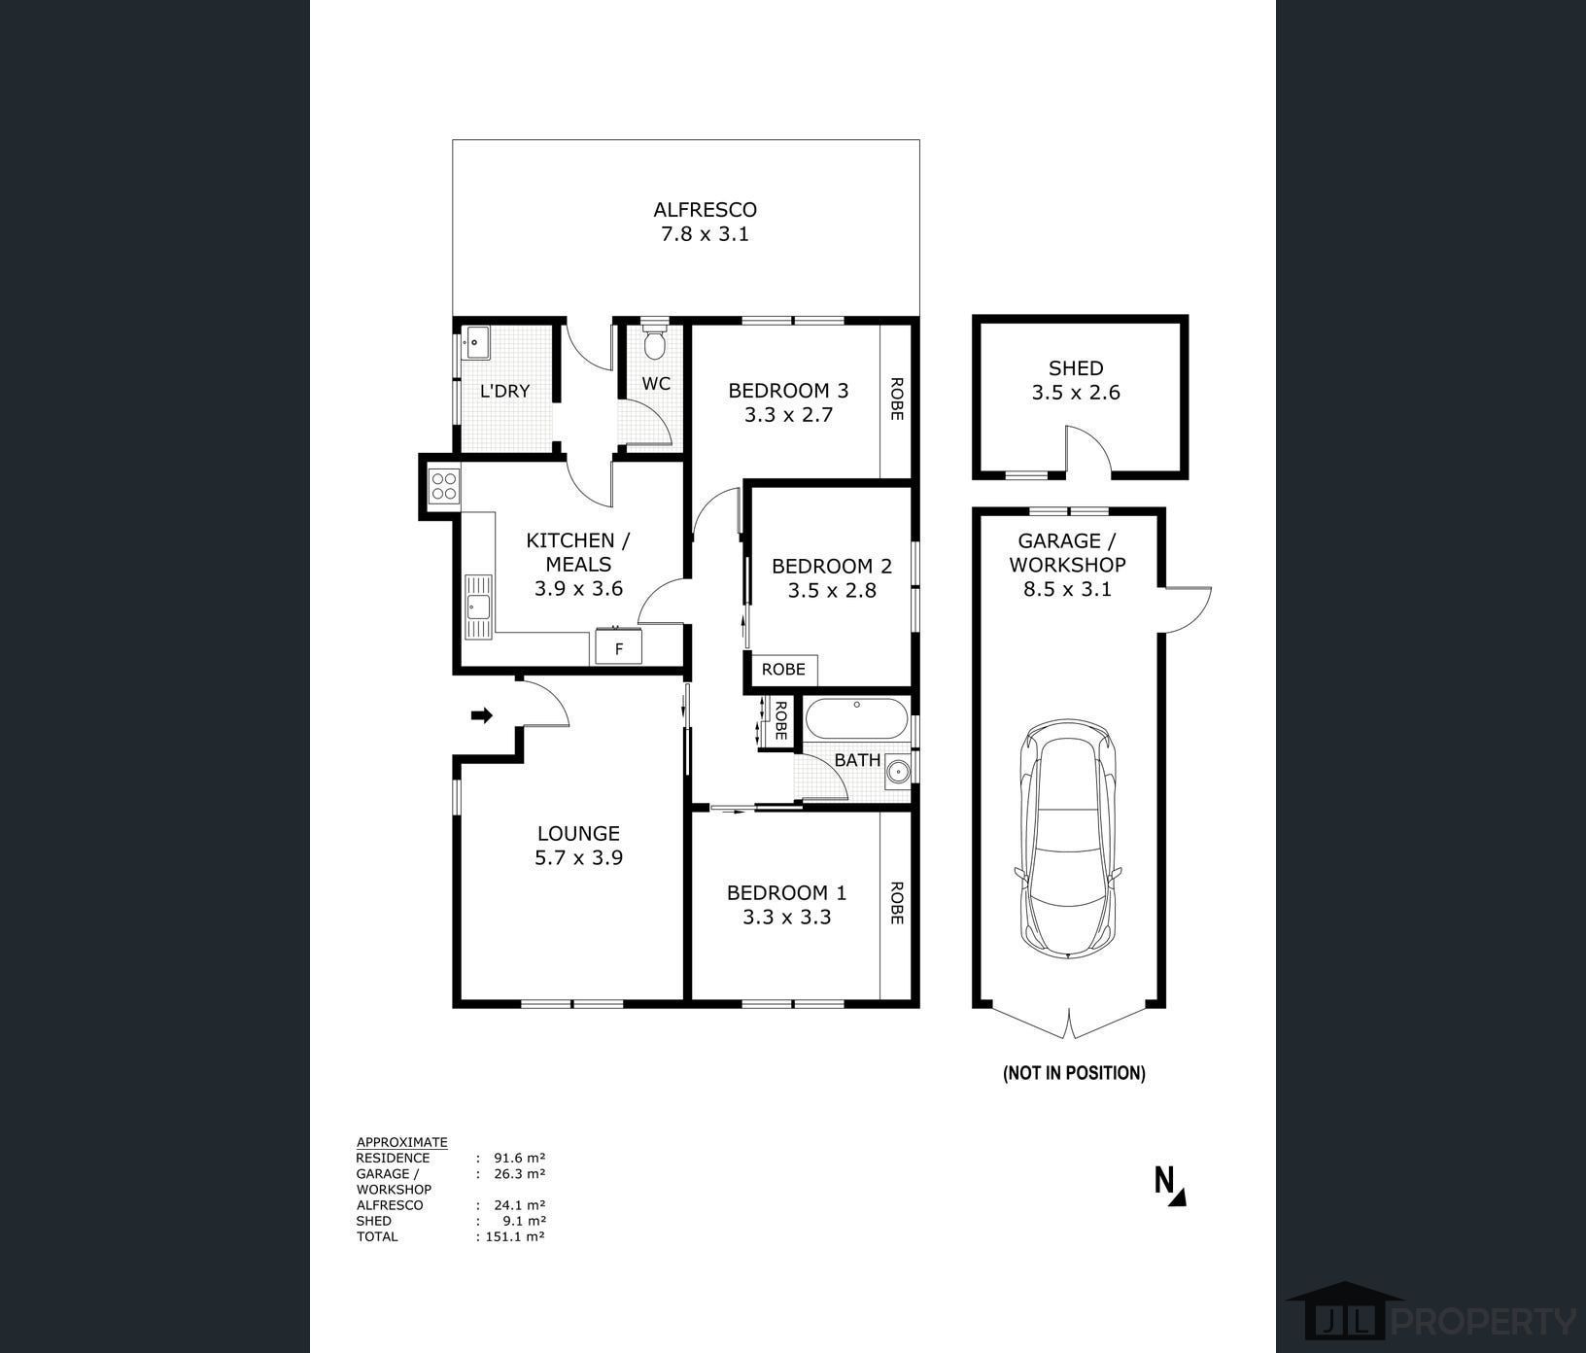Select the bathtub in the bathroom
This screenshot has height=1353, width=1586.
point(856,721)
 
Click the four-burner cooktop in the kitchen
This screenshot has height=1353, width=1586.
point(445,486)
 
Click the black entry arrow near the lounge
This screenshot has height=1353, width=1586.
point(482,716)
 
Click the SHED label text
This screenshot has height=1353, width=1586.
point(1076,368)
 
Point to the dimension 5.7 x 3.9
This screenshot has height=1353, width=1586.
point(579,857)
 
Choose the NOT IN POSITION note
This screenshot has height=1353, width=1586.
point(1074,1073)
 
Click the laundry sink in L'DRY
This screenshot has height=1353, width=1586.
point(477,341)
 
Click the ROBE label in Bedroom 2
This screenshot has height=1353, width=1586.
point(783,670)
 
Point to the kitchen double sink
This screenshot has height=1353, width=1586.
point(478,607)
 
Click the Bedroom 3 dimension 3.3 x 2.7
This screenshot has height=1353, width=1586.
point(789,415)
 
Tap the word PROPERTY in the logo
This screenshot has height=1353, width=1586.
point(1485,1322)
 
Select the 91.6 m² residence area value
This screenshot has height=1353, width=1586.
point(519,1158)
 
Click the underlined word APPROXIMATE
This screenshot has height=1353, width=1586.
point(402,1142)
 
